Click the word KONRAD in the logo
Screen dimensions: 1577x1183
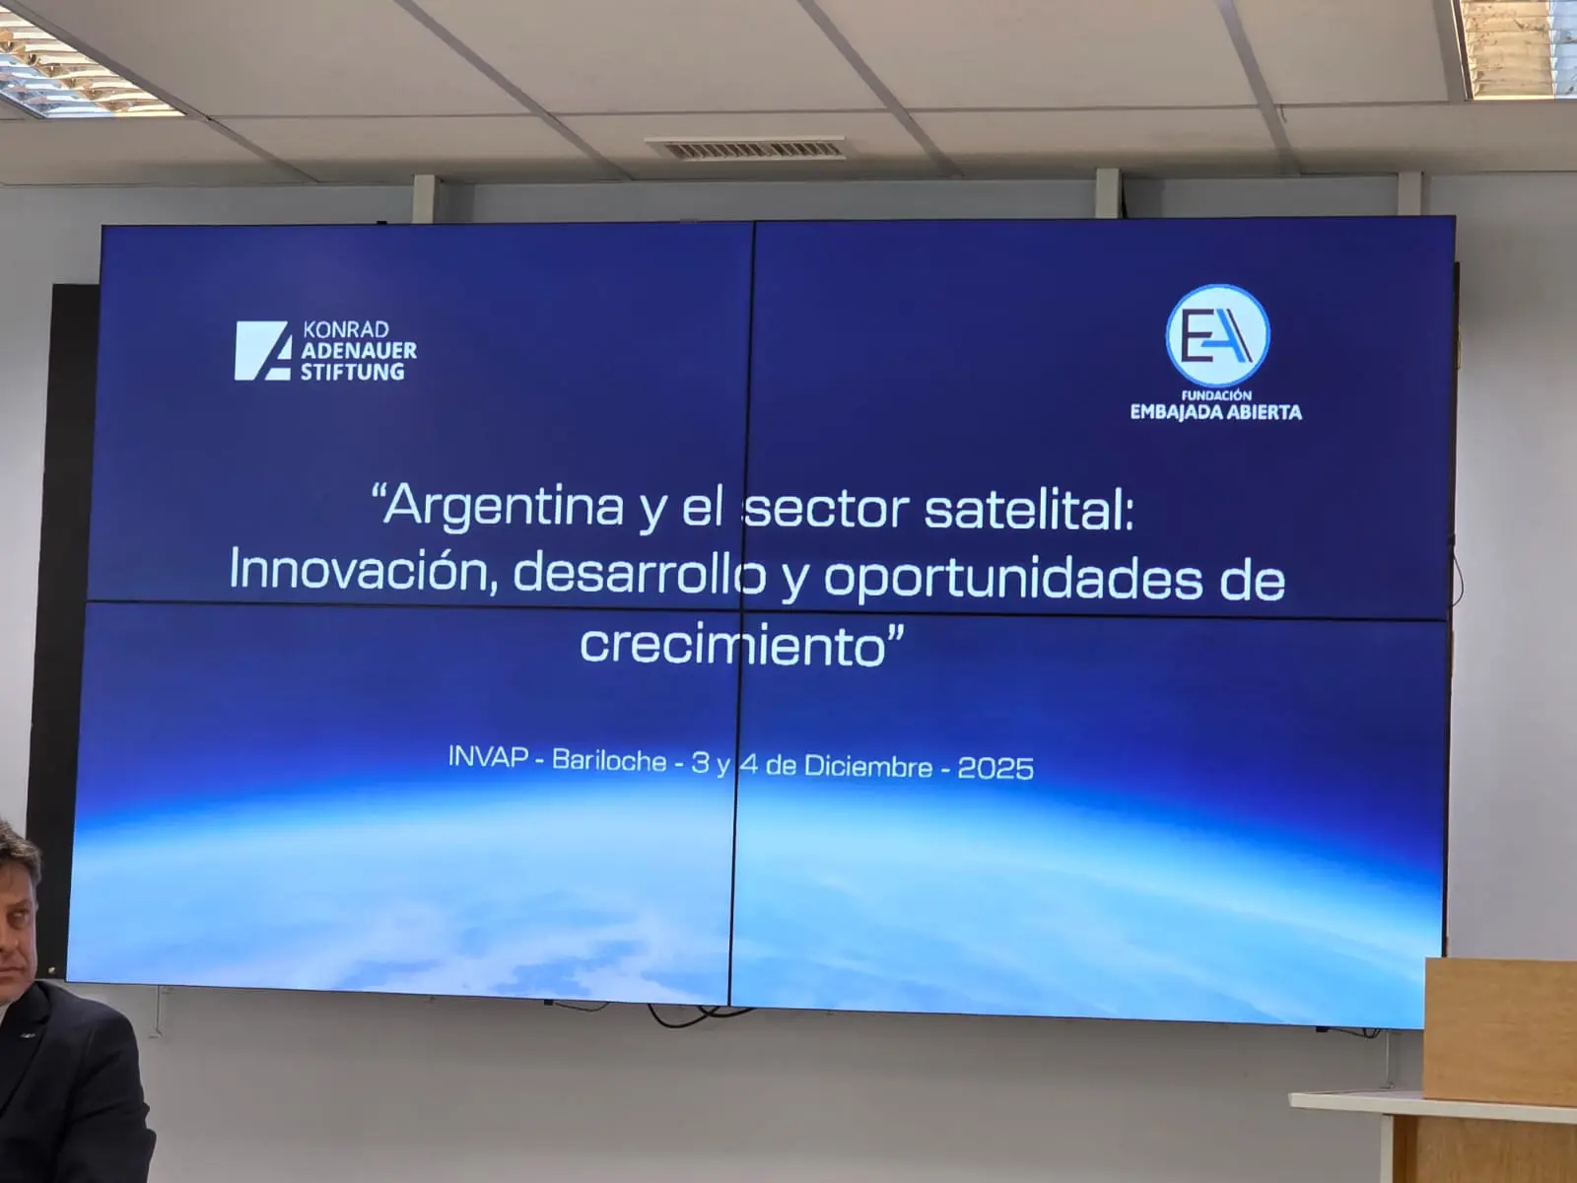(346, 329)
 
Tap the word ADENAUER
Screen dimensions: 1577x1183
(359, 351)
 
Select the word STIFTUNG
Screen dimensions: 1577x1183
(352, 372)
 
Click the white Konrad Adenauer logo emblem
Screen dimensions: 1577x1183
(263, 351)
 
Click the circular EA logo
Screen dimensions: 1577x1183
(1217, 335)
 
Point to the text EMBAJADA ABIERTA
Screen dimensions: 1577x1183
(1215, 412)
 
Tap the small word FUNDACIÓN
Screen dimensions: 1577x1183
(1216, 395)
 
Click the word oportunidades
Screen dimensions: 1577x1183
(1013, 580)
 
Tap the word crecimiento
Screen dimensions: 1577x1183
(733, 645)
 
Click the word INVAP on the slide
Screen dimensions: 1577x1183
(489, 757)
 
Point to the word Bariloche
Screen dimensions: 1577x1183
(609, 761)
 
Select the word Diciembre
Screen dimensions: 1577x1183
(868, 766)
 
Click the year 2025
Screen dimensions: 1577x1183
(995, 769)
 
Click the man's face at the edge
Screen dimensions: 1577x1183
(16, 913)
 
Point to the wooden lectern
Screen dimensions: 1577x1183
(1498, 1071)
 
